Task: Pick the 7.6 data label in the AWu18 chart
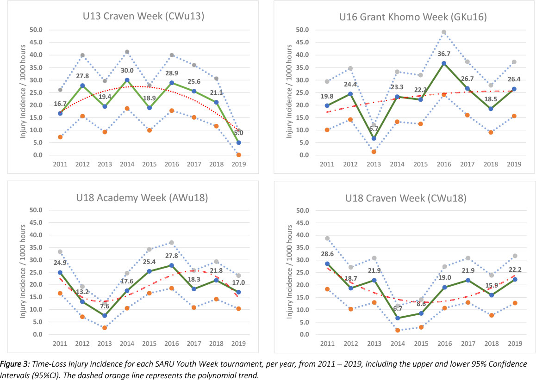[x=105, y=306]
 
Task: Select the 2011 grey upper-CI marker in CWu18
[x=327, y=239]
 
